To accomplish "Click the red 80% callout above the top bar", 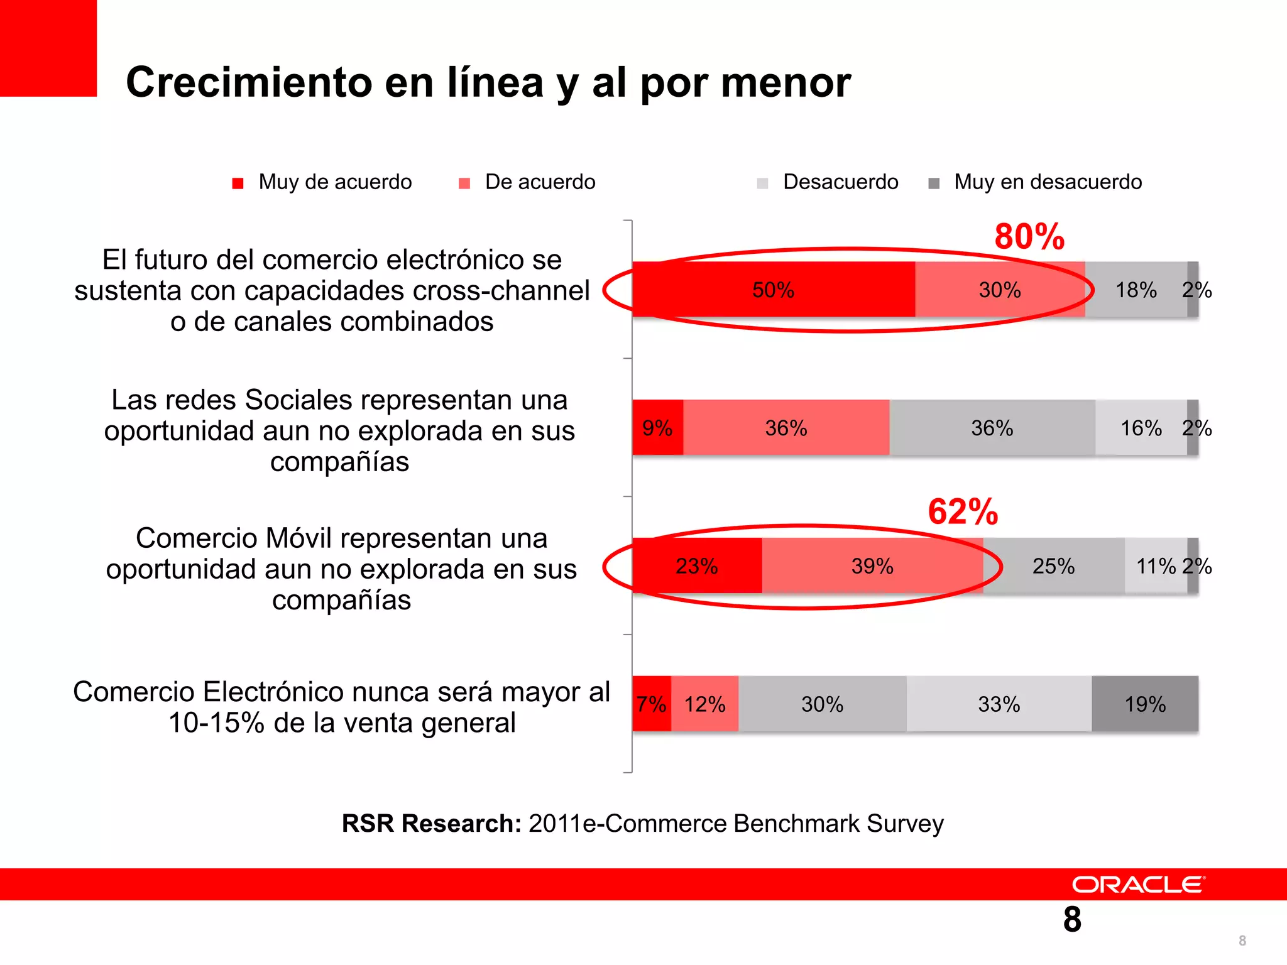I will [x=1029, y=237].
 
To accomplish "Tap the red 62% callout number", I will [x=963, y=511].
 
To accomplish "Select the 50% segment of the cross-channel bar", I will [x=774, y=290].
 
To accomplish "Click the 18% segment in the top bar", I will [x=1136, y=290].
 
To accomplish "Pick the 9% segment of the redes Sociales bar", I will [x=657, y=428].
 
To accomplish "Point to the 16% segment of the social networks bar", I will [x=1141, y=428].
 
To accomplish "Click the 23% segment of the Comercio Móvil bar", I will [x=696, y=566].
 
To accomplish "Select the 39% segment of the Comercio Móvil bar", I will [x=872, y=566].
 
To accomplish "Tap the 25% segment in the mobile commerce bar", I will [x=1053, y=566].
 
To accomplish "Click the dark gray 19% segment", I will [x=1145, y=704].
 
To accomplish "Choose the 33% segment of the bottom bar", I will [x=999, y=704].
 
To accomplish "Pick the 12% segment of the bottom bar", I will [x=704, y=704].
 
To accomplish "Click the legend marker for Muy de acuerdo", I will [x=238, y=183].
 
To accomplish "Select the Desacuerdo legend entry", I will [x=840, y=182].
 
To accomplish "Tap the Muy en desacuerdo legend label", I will [x=1048, y=182].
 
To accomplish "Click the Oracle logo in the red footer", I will [x=1138, y=885].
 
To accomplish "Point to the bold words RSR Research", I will [x=431, y=824].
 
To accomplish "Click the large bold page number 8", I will [x=1072, y=920].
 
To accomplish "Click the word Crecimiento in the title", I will [x=249, y=82].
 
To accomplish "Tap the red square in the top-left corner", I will [x=48, y=48].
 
